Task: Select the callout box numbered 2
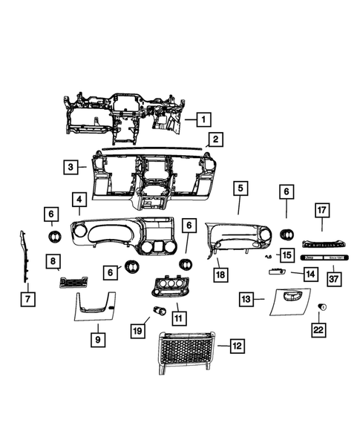215,139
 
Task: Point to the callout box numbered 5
239,188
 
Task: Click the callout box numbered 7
27,298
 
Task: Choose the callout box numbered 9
96,339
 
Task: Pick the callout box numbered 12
236,345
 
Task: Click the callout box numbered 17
321,211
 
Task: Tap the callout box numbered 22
318,329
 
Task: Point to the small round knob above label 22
322,307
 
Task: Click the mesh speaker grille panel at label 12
186,354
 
